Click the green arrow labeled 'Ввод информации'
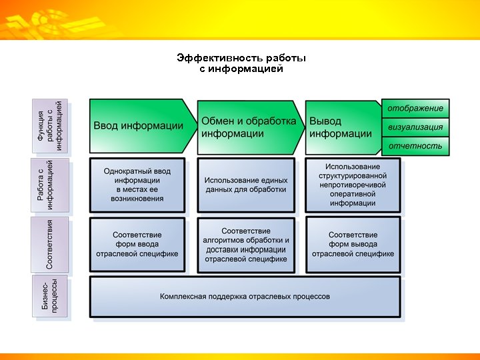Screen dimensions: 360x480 [138, 125]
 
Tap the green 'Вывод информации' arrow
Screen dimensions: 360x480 [341, 127]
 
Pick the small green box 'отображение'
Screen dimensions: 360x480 [415, 109]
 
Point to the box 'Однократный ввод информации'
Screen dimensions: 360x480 [137, 185]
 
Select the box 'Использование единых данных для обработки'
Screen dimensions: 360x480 [245, 185]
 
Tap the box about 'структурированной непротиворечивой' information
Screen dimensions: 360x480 [353, 185]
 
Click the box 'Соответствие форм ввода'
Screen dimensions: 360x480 [137, 244]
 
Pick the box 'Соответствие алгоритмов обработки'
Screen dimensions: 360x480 [245, 245]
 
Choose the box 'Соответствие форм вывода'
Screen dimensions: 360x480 [353, 244]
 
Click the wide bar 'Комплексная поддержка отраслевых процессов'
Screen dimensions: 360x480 [245, 297]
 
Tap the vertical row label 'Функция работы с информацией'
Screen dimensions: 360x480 [51, 127]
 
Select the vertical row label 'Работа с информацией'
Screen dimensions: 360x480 [51, 185]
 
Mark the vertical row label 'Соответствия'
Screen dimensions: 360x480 [51, 244]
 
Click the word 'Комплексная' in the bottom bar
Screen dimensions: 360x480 [184, 297]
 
